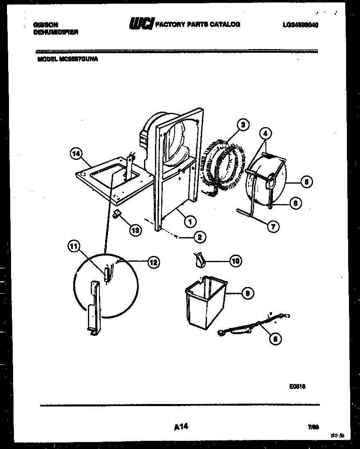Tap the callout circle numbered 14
75,154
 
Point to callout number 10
235,261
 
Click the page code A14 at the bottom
180,427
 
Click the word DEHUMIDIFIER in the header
55,31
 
